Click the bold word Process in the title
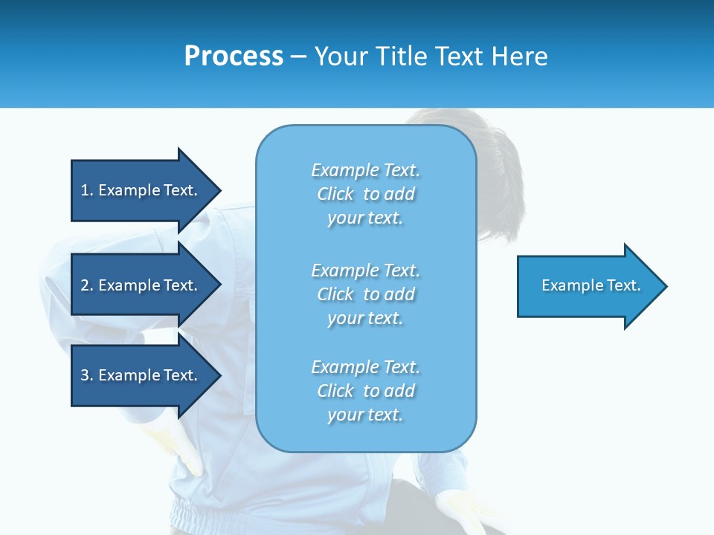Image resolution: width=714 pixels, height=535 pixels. pyautogui.click(x=234, y=56)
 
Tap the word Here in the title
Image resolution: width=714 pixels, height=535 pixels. pyautogui.click(x=519, y=56)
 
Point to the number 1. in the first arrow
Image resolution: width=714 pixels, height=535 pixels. pyautogui.click(x=87, y=190)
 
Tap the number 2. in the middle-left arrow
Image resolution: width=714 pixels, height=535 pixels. pyautogui.click(x=87, y=285)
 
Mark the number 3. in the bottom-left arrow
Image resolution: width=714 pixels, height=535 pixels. pyautogui.click(x=87, y=375)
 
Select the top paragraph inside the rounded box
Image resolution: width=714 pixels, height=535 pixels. pyautogui.click(x=365, y=194)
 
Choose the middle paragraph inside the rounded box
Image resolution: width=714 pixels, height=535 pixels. pyautogui.click(x=365, y=294)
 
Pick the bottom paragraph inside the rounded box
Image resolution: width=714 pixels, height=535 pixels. pyautogui.click(x=365, y=391)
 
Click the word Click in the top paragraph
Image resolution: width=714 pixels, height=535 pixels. pyautogui.click(x=335, y=195)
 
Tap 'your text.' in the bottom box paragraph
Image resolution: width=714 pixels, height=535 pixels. pyautogui.click(x=365, y=415)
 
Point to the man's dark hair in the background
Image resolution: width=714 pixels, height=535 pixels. pyautogui.click(x=491, y=149)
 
